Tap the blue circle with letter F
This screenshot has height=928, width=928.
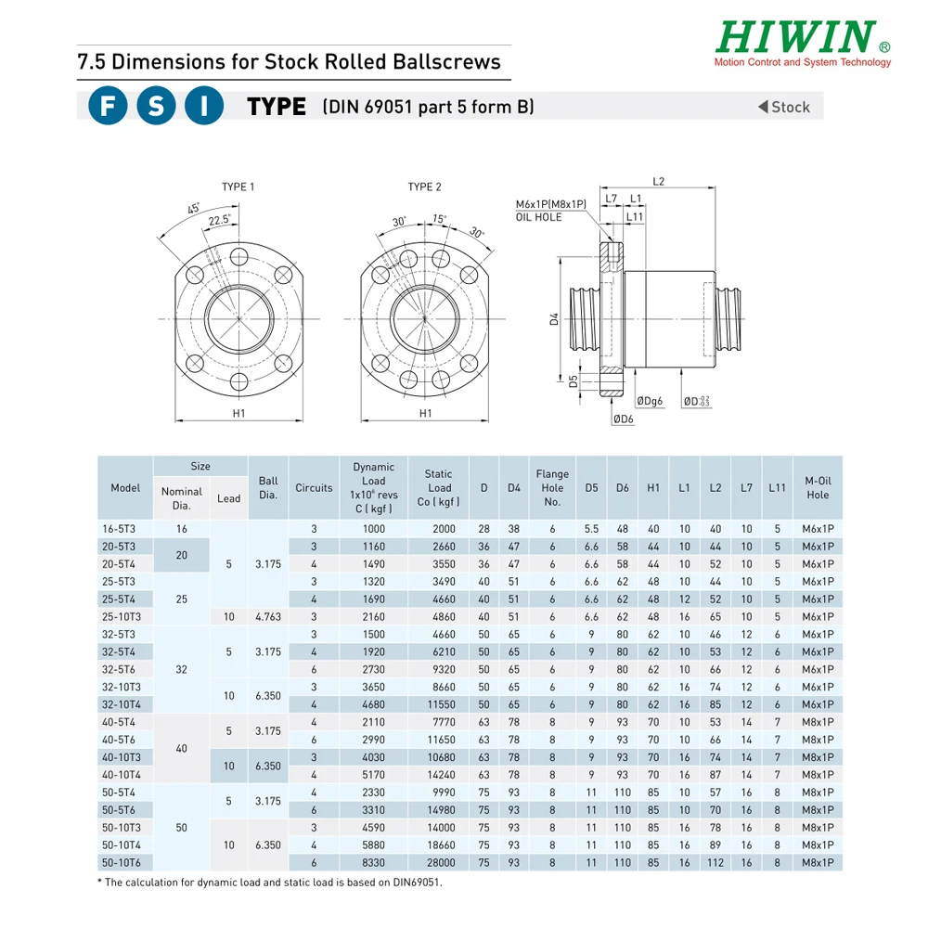pos(108,107)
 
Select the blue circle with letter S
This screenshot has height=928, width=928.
pos(156,107)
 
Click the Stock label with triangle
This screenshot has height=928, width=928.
pos(784,107)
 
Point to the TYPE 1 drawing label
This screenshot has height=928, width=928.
pos(238,187)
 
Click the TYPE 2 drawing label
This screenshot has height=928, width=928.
pos(424,187)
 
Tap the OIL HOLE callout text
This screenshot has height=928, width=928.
pos(539,217)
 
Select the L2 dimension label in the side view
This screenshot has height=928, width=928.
pos(659,182)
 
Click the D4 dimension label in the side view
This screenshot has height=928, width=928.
pos(554,318)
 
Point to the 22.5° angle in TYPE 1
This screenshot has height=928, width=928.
pos(219,220)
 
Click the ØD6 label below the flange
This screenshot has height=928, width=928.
pos(623,419)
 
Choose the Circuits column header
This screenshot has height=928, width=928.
pos(314,488)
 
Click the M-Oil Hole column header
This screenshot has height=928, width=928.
pos(818,488)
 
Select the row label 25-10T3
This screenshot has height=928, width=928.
pos(122,616)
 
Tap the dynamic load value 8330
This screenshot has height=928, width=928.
pos(373,862)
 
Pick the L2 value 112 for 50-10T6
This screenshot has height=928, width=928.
pos(715,862)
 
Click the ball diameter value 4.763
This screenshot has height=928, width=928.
pos(267,616)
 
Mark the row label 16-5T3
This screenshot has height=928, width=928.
pos(119,528)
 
